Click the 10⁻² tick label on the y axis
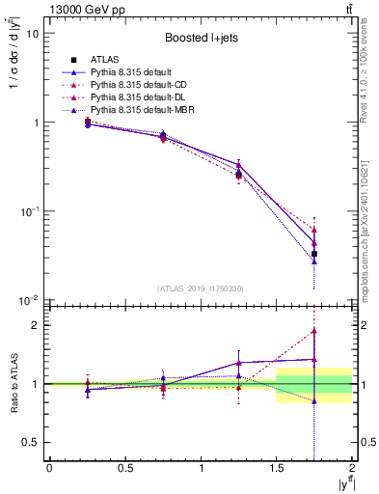pos(29,301)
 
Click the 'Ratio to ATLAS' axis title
pos(13,383)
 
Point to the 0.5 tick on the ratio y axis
pos(29,442)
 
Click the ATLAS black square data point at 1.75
pos(314,254)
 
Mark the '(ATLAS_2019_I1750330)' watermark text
pos(200,288)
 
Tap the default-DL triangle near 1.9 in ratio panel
pos(314,331)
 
